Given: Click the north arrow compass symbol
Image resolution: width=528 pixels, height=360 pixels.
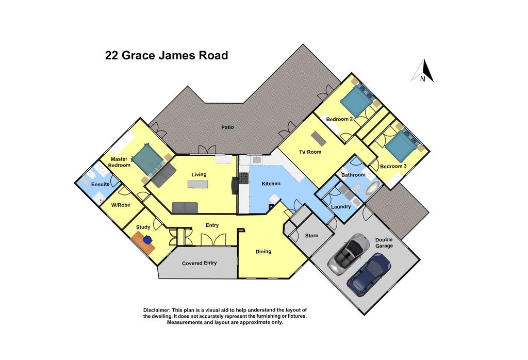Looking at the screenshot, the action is (x=423, y=71).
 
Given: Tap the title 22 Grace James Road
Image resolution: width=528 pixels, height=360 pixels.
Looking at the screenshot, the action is (x=167, y=55).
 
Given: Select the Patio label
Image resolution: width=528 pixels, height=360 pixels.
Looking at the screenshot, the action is (x=227, y=127).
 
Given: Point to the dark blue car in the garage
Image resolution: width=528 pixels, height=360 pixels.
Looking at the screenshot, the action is (x=369, y=273).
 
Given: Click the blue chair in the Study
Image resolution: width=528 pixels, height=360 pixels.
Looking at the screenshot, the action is (x=147, y=239).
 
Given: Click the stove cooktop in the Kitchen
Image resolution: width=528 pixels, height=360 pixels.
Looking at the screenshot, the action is (x=244, y=178).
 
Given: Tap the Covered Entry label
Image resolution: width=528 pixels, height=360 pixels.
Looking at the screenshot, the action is (x=200, y=263).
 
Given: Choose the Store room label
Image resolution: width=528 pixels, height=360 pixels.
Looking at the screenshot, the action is (x=311, y=235).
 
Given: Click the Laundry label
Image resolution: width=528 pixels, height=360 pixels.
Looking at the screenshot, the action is (x=341, y=206).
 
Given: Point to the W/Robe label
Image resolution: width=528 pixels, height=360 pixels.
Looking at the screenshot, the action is (x=121, y=205).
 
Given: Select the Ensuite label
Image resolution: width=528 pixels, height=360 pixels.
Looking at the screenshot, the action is (x=101, y=184).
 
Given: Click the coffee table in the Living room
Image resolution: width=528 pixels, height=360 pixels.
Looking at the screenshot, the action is (x=197, y=184).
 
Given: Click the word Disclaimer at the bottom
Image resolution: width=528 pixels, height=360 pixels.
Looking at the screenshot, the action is (x=157, y=310).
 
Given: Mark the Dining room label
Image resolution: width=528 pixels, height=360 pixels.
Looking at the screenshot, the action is (x=263, y=252).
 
